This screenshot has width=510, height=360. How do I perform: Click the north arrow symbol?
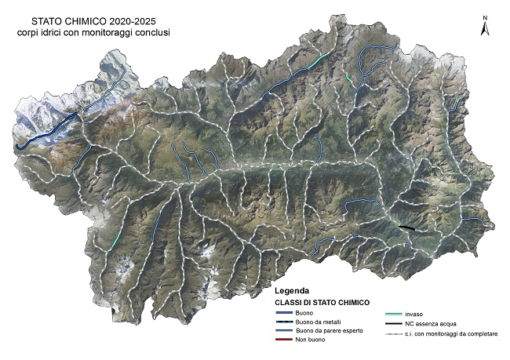486,29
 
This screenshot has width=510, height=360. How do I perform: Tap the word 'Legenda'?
292,289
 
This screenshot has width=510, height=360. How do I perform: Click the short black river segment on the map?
407,227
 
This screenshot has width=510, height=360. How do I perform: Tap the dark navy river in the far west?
47,133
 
